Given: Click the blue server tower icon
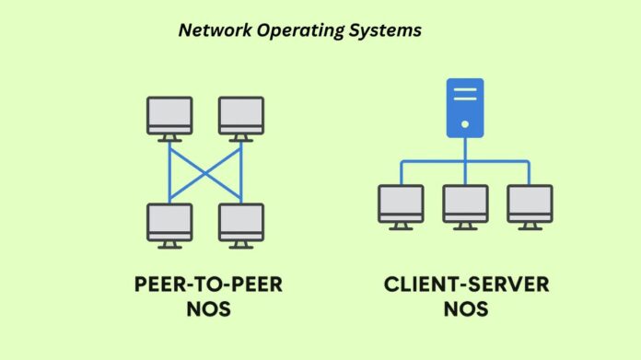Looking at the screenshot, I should pyautogui.click(x=465, y=108).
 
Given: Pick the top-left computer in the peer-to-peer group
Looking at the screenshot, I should pyautogui.click(x=169, y=116).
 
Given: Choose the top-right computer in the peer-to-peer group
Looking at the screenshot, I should pyautogui.click(x=241, y=116).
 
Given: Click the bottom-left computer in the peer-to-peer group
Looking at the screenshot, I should pyautogui.click(x=169, y=223).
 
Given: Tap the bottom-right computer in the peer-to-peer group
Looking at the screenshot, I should pyautogui.click(x=241, y=223).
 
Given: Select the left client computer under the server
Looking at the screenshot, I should pyautogui.click(x=401, y=204).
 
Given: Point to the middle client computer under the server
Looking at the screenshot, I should pyautogui.click(x=465, y=204).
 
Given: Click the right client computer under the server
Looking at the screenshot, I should pyautogui.click(x=530, y=204).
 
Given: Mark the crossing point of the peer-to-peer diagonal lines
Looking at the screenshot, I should pyautogui.click(x=205, y=169).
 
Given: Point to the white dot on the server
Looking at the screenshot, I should pyautogui.click(x=465, y=123).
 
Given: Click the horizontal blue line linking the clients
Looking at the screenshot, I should pyautogui.click(x=433, y=162).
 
